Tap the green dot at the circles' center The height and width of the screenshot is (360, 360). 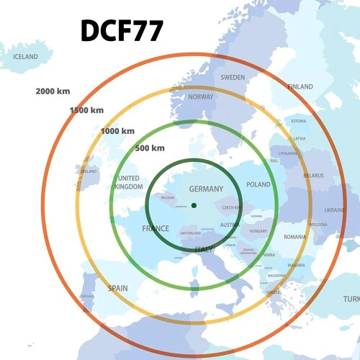click(194, 207)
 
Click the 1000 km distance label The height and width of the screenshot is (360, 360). click(117, 131)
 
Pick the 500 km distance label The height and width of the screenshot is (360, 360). click(150, 148)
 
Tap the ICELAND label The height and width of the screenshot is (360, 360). click(25, 56)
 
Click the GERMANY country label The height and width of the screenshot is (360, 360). click(206, 189)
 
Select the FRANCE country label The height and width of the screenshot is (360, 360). click(156, 229)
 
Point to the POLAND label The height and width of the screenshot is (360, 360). click(258, 185)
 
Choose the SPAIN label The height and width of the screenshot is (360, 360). click(118, 288)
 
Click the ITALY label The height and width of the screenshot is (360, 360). click(204, 250)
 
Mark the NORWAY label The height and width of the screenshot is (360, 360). click(200, 96)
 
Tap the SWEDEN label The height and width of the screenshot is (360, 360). click(233, 77)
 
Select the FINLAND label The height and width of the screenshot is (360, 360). click(300, 87)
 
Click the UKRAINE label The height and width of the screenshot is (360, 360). click(335, 210)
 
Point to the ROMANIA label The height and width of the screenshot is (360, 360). click(294, 237)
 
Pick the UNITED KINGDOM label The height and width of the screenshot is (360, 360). click(128, 182)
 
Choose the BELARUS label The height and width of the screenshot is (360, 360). click(314, 175)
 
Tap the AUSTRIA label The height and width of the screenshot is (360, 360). click(230, 225)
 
